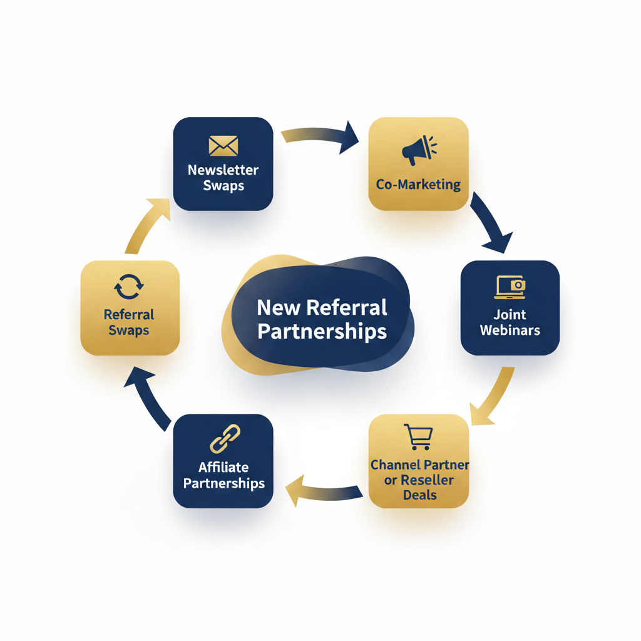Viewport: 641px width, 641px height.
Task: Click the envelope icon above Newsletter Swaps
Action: [x=223, y=146]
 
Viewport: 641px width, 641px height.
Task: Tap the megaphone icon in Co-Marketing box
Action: [x=418, y=151]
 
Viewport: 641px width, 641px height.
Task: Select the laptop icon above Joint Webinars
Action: [x=510, y=285]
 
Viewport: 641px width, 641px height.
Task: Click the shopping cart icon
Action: [x=418, y=437]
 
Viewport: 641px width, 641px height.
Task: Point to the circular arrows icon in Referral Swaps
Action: [x=130, y=287]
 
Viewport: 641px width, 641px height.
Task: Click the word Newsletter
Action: [x=223, y=170]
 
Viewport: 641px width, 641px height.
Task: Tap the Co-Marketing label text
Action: [x=418, y=185]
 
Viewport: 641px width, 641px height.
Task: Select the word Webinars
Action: [x=510, y=330]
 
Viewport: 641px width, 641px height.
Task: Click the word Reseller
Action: [x=427, y=480]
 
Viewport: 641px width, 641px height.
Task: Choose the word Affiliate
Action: [x=223, y=467]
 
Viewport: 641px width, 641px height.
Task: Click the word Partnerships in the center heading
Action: [x=322, y=331]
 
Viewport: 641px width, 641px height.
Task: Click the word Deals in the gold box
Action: [x=419, y=495]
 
